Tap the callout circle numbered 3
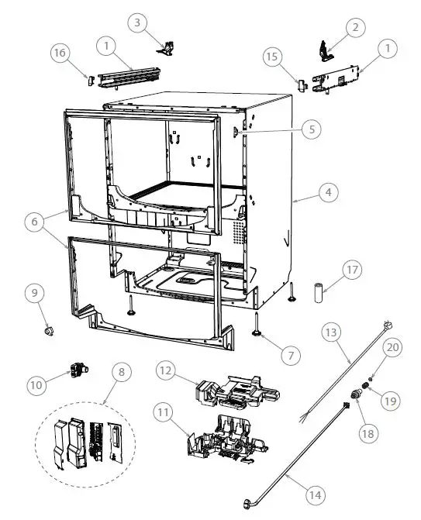coord(137,22)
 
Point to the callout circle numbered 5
coord(311,129)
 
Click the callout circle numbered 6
coord(34,222)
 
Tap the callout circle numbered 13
coord(330,333)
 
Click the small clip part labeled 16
coord(89,78)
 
